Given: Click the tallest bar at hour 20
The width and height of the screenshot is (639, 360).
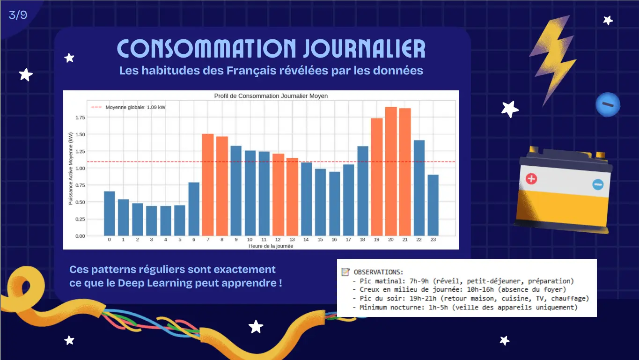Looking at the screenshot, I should click(391, 171).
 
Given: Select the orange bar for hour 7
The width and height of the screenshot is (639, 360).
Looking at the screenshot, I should click(208, 185).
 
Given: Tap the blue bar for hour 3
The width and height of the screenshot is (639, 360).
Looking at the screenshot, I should click(152, 220).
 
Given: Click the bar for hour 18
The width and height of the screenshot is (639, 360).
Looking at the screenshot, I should click(363, 191).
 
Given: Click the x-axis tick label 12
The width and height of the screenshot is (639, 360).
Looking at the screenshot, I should click(278, 240).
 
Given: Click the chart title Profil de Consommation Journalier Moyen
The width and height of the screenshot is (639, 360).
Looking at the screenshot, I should click(271, 96).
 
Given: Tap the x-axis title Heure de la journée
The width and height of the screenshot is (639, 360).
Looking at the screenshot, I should click(271, 246).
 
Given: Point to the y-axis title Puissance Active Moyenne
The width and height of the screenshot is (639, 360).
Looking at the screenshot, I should click(71, 168).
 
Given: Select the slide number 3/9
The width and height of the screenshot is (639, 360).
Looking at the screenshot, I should click(18, 15).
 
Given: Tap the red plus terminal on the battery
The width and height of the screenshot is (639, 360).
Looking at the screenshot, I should click(531, 178).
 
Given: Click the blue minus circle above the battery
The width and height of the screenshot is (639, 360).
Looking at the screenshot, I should click(608, 104).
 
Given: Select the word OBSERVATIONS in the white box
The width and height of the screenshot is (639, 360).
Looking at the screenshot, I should click(378, 272).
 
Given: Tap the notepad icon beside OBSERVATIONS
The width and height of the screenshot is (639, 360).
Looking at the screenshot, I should click(345, 272).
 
